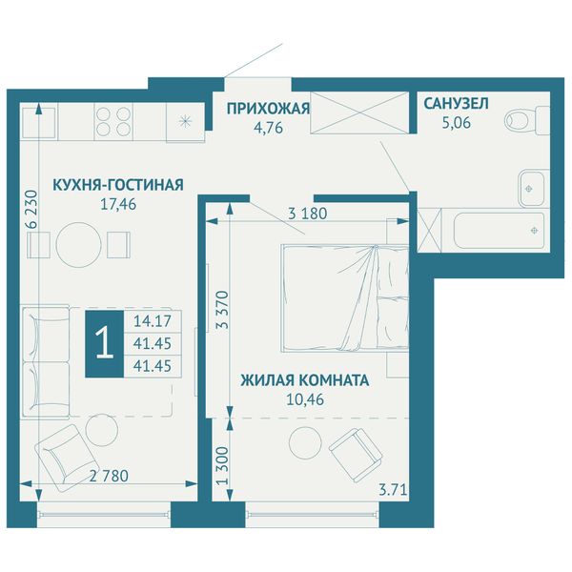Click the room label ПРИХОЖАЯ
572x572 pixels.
pos(268,109)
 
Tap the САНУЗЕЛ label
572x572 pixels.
pos(456,104)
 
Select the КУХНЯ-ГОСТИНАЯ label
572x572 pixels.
pos(118,185)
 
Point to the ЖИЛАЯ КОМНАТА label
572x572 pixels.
pos(305,380)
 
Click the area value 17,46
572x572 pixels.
pos(118,204)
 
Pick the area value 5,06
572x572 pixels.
pos(457,123)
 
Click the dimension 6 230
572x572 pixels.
pos(32,209)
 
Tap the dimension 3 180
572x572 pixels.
pos(308,214)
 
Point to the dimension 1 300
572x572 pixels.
pos(222,465)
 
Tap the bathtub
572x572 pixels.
pos(500,231)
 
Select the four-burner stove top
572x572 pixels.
pos(113,121)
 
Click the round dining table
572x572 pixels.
pos(78,245)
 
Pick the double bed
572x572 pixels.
pos(345,298)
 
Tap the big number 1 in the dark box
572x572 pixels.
pos(105,344)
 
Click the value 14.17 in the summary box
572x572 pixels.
pos(153,321)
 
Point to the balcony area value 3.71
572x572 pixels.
pos(393,490)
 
